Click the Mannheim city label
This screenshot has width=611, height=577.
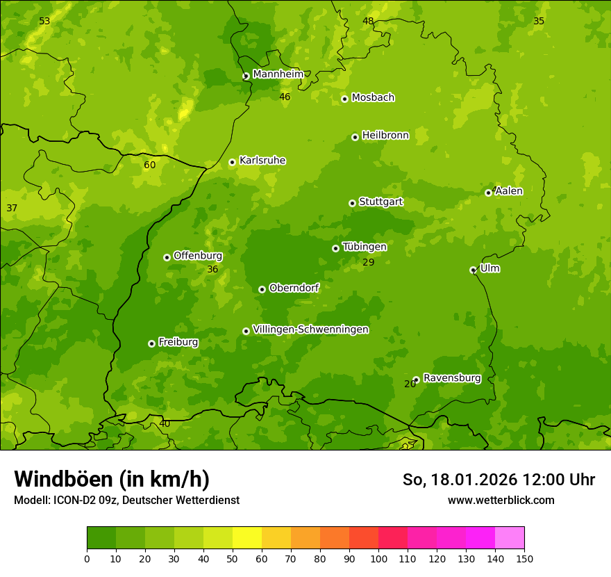click(278, 74)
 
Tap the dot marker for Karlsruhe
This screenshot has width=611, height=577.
click(232, 163)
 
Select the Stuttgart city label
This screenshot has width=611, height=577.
click(380, 202)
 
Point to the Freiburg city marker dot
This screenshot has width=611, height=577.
click(151, 343)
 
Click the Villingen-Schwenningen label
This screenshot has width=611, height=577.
click(310, 330)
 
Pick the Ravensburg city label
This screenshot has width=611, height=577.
click(451, 378)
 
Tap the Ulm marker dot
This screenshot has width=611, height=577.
click(473, 270)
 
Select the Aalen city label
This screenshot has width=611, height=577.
click(509, 191)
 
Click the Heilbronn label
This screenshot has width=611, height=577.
click(385, 136)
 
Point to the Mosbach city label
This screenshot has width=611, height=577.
click(373, 98)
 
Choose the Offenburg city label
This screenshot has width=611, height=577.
click(198, 256)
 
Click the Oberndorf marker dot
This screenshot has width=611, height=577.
click(262, 289)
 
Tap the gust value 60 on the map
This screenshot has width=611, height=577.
click(150, 165)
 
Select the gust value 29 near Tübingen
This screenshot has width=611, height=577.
click(369, 263)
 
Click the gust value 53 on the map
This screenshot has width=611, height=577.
click(44, 22)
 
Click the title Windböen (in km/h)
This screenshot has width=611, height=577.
click(112, 479)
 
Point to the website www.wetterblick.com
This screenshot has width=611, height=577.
click(501, 500)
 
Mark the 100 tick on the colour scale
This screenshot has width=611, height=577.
click(378, 559)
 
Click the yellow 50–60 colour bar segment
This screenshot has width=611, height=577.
click(247, 538)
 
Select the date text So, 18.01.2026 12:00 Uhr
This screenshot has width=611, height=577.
click(499, 480)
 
